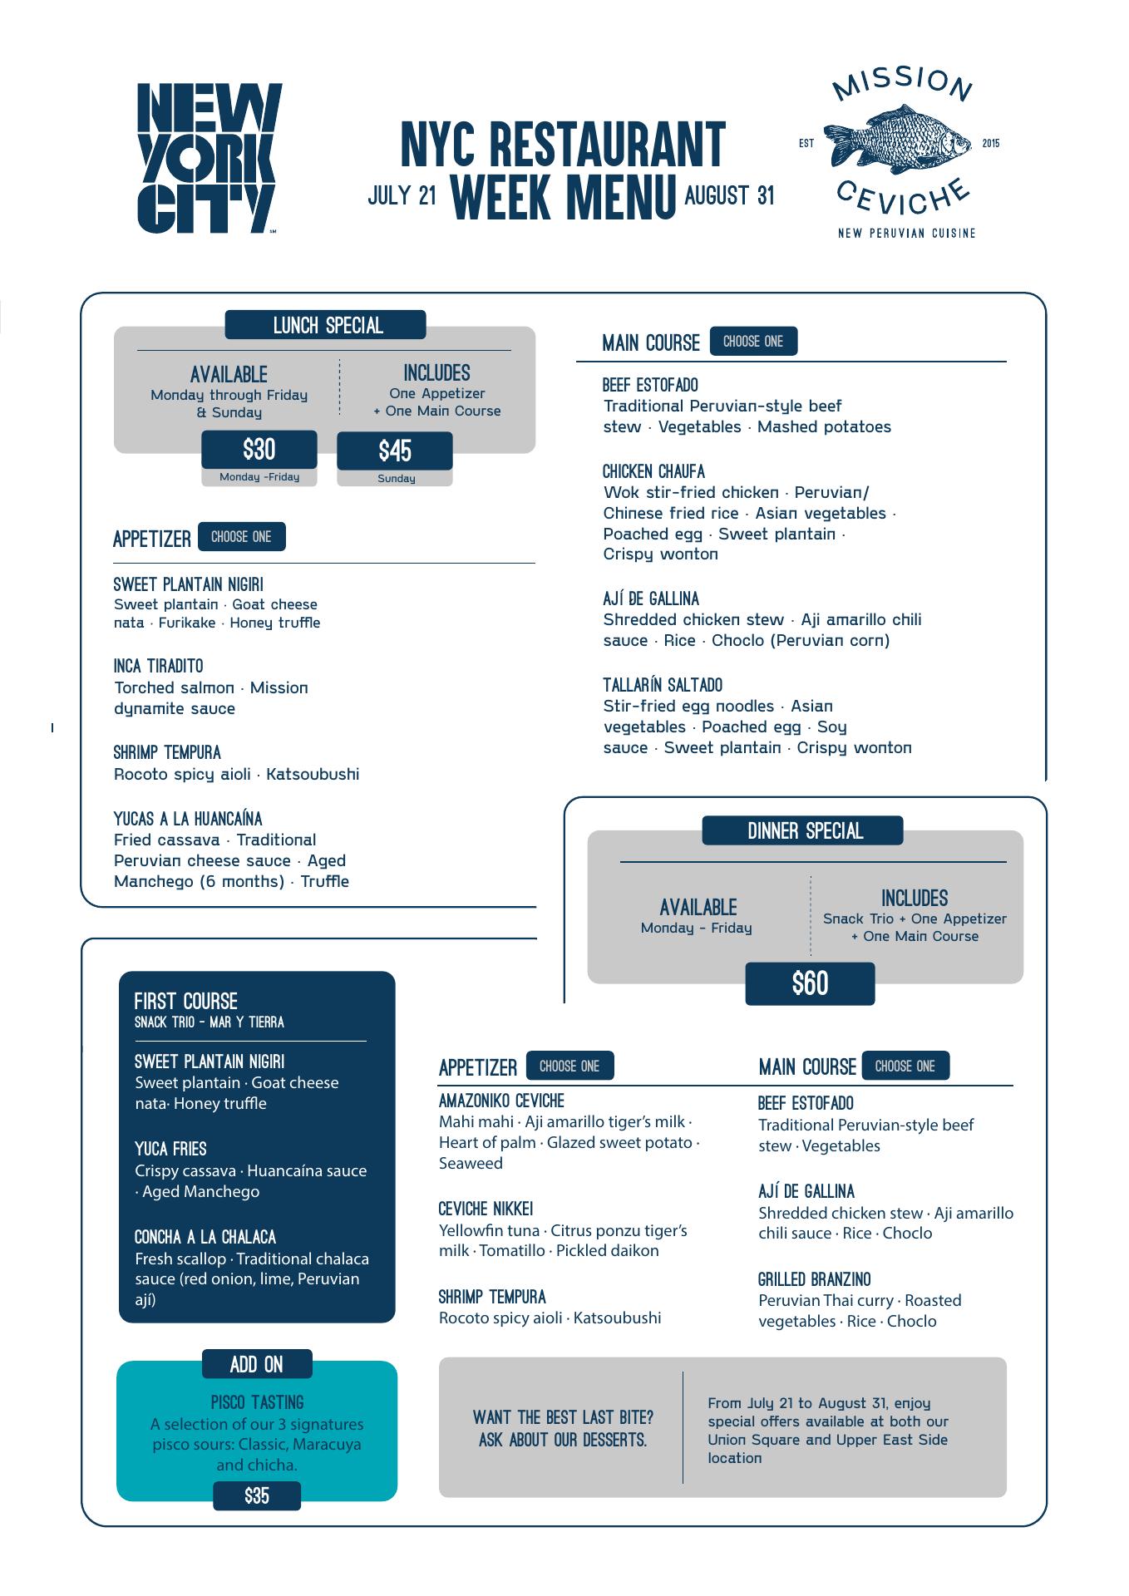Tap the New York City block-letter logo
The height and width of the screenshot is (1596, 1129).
(209, 158)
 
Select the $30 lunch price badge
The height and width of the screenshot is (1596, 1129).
(259, 450)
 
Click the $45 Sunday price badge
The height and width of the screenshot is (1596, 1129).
(395, 451)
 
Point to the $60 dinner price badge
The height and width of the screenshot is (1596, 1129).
(810, 983)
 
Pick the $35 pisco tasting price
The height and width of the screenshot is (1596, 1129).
(257, 1496)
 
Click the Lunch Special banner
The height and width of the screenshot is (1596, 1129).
(326, 325)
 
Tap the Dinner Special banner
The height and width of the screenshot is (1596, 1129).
(803, 830)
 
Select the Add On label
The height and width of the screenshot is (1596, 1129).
(257, 1364)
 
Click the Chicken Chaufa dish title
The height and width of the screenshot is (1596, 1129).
(653, 471)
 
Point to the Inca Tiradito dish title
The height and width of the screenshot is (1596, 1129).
(158, 666)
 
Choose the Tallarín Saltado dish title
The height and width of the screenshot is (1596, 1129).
(663, 685)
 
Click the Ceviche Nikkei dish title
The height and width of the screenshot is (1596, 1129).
(486, 1209)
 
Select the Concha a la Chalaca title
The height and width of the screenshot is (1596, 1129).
(205, 1237)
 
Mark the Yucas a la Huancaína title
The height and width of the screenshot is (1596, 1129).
(188, 818)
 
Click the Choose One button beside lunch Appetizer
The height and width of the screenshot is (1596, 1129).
(241, 537)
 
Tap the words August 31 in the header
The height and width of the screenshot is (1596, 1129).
(729, 195)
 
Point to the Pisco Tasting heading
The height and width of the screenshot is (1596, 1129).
(257, 1402)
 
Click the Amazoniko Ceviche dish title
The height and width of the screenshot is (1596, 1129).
(501, 1101)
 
